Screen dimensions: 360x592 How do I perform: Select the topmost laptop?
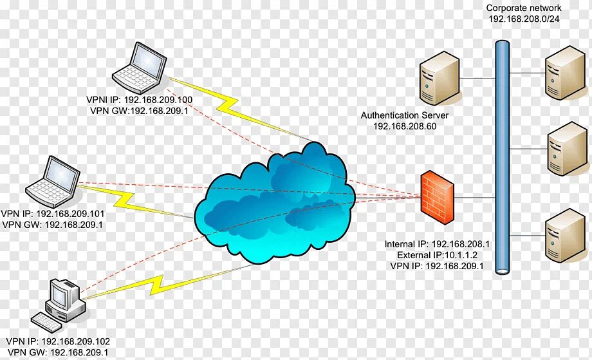(137, 67)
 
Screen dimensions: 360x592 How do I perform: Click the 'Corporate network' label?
(523, 8)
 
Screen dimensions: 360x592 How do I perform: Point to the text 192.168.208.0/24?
(523, 19)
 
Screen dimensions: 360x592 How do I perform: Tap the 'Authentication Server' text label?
(404, 115)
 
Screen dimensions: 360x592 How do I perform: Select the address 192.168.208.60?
(404, 126)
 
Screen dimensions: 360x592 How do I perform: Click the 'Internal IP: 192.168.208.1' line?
(438, 244)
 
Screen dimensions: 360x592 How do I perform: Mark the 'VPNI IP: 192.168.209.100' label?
(140, 100)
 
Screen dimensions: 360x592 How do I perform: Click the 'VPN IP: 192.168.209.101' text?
(53, 214)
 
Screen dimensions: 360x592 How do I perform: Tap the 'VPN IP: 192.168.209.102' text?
(59, 341)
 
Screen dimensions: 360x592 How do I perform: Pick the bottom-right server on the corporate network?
(563, 236)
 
